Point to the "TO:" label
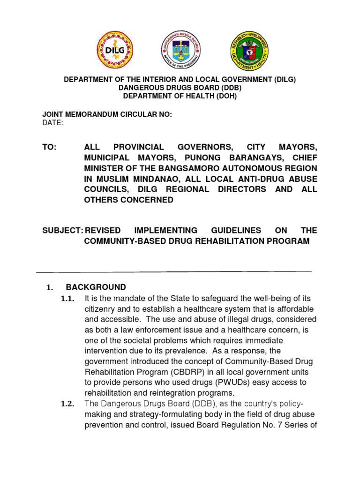49,147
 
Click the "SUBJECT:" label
63,230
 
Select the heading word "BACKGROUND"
96,287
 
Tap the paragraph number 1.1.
67,299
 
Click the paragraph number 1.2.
67,405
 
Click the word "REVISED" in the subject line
102,230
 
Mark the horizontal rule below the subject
174,271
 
